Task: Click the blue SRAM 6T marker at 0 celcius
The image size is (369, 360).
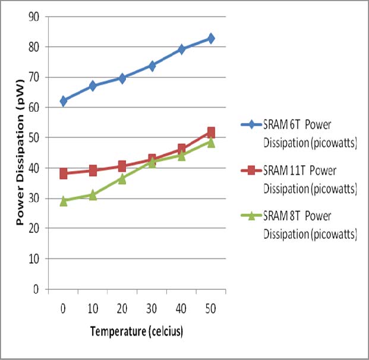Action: [x=63, y=101]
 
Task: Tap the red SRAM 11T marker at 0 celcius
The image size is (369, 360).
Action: [x=63, y=173]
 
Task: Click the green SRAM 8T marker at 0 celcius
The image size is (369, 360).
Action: [x=63, y=201]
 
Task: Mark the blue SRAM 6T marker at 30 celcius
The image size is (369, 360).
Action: [x=152, y=65]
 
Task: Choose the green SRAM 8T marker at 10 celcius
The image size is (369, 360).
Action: [x=93, y=194]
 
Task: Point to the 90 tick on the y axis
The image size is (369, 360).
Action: [x=37, y=16]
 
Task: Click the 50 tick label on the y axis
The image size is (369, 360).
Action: [x=37, y=138]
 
